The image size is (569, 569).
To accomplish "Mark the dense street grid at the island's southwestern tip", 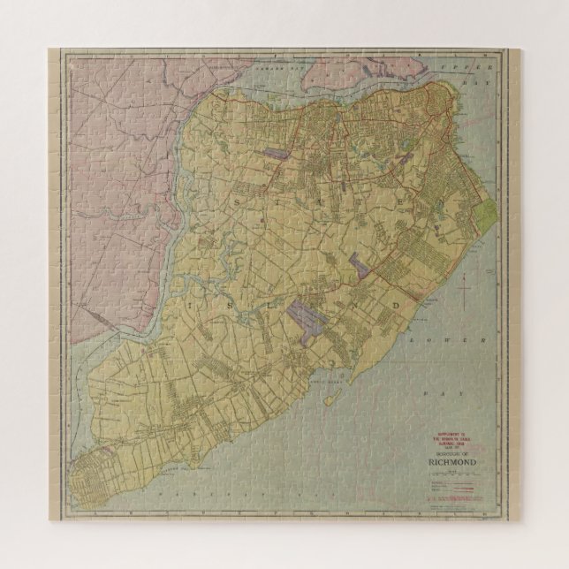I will point(97,477).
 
